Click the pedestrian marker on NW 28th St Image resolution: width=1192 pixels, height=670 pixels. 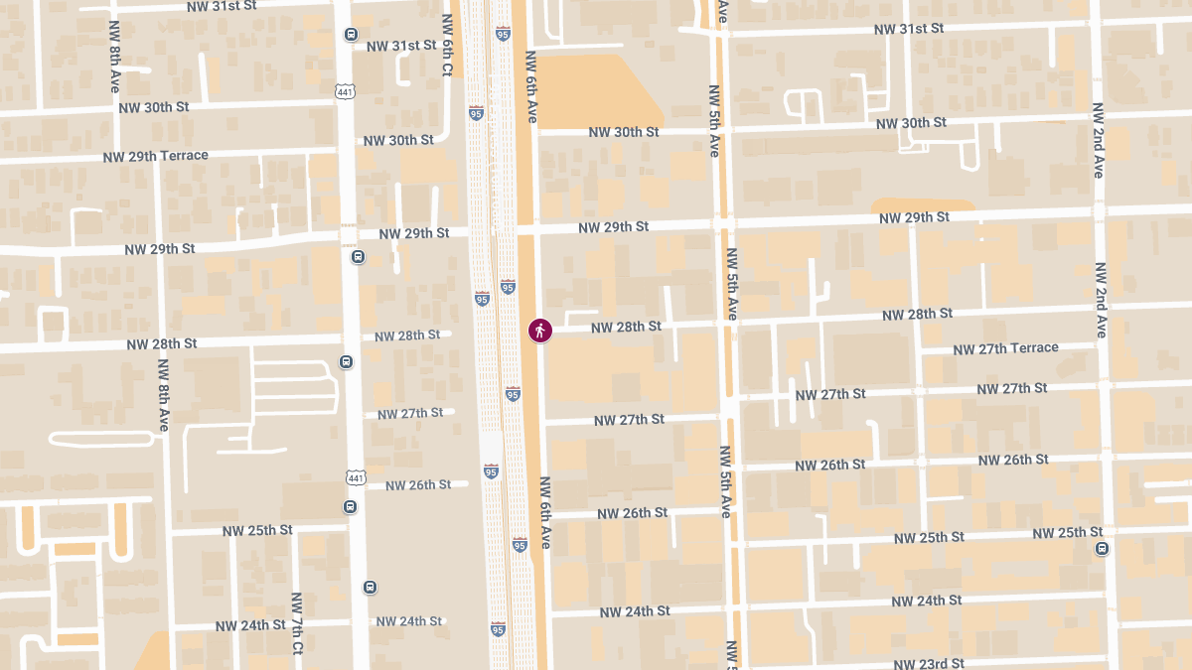540,331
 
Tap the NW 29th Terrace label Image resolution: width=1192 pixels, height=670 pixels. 156,156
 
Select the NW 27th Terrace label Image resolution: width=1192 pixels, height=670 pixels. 1005,348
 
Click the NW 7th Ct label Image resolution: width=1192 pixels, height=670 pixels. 296,623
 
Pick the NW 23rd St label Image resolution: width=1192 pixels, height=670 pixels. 929,663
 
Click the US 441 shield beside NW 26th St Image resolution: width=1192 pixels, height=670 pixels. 355,477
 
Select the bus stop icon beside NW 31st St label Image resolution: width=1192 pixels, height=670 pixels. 351,35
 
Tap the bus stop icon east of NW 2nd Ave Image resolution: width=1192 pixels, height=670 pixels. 1102,549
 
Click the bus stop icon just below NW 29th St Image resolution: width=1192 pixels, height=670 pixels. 358,257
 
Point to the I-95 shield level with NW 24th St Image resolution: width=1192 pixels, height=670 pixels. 498,628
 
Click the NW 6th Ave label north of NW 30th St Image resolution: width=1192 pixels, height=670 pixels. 531,86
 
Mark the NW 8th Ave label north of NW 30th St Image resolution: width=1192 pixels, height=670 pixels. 115,56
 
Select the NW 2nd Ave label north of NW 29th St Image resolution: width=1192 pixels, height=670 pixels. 1098,140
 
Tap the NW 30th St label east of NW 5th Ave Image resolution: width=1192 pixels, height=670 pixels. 911,123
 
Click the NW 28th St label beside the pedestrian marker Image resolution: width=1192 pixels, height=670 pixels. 626,327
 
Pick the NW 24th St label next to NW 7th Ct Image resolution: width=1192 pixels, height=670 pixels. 250,625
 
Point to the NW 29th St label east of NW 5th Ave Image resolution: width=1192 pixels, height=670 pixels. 914,217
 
